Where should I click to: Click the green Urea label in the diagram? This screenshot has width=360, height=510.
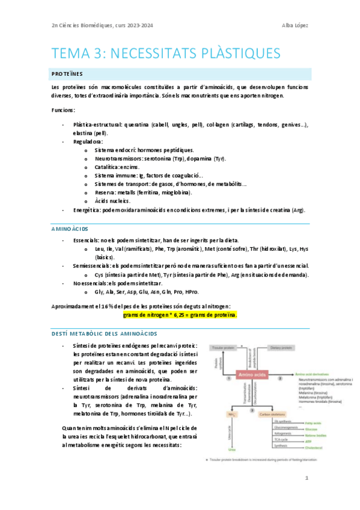pyautogui.click(x=215, y=449)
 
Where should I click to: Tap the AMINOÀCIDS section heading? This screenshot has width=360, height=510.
pyautogui.click(x=71, y=229)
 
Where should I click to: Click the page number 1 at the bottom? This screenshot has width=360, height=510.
pyautogui.click(x=306, y=478)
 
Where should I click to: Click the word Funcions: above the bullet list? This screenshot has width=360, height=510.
pyautogui.click(x=63, y=110)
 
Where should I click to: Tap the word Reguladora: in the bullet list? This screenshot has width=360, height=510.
pyautogui.click(x=88, y=141)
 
